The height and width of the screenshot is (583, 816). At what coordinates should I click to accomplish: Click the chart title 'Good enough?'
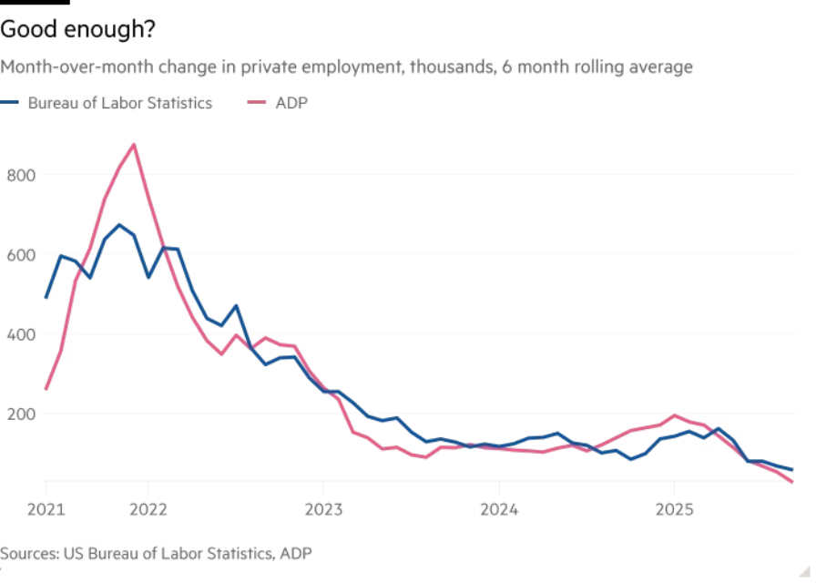[x=77, y=30]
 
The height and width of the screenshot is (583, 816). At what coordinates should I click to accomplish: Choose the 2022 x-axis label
[x=149, y=508]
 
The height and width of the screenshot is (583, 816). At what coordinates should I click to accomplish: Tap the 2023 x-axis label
[x=324, y=508]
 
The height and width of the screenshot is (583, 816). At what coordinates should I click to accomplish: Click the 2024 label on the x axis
[x=499, y=508]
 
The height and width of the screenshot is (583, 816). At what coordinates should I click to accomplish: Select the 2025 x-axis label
[x=673, y=508]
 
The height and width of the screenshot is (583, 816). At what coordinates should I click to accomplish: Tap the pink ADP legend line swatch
[x=259, y=103]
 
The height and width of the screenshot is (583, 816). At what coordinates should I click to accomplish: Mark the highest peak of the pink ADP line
[x=134, y=144]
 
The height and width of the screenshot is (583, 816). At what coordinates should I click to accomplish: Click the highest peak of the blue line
[x=119, y=224]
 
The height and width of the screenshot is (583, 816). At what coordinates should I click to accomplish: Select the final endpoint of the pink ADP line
[x=791, y=482]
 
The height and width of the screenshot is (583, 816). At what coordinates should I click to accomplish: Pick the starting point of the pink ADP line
[x=46, y=389]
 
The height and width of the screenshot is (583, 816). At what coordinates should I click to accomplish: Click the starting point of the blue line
[x=46, y=297]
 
